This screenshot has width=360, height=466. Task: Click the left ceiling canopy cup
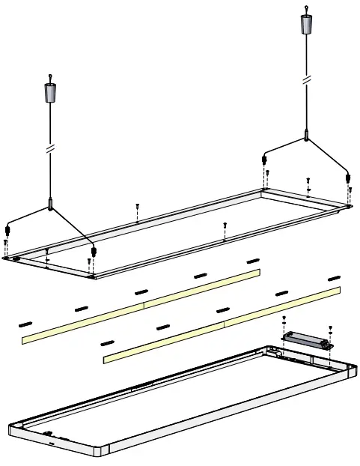coord(50,94)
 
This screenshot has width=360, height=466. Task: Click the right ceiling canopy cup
coord(305,24)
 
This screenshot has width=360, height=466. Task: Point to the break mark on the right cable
coord(305,79)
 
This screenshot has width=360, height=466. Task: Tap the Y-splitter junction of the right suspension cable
coord(306,137)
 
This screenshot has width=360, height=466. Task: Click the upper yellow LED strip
coord(142,305)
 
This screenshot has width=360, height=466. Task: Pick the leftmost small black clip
coord(25,324)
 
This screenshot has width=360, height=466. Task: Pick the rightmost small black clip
coord(335,279)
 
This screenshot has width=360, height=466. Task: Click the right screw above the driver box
coord(330,328)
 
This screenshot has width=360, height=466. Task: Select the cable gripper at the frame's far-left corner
coord(7,229)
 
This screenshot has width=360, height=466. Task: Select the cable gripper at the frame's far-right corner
coord(348,178)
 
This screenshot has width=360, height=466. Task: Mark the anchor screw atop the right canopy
coord(305,9)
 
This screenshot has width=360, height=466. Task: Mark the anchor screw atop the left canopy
coord(50,76)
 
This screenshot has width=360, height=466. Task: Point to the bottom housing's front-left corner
coord(15,430)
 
